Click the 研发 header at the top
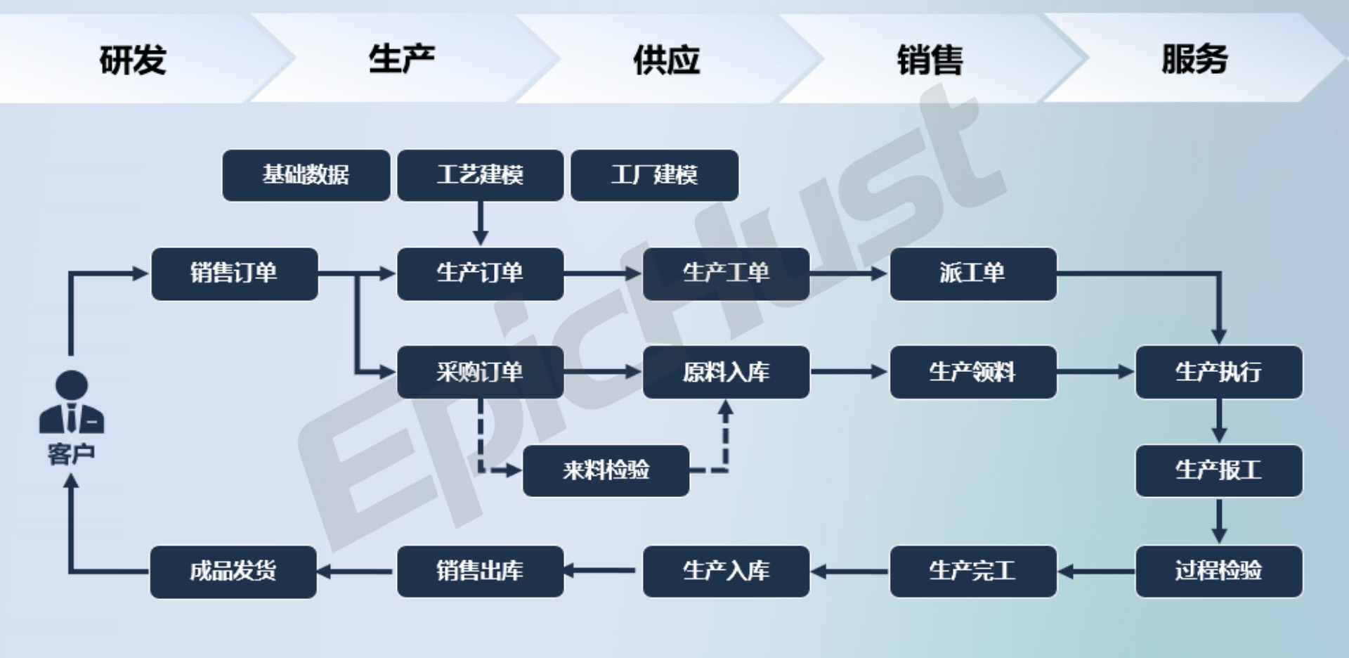[x=133, y=59]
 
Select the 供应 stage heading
[x=666, y=59]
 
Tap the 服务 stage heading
[x=1194, y=59]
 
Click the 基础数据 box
[x=306, y=175]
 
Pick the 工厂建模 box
[x=654, y=175]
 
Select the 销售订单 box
[x=235, y=273]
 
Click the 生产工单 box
[x=726, y=273]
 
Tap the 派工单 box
[x=972, y=273]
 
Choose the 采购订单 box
[x=480, y=372]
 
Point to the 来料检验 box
[x=606, y=470]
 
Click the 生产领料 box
[x=972, y=372]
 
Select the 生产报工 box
[x=1218, y=470]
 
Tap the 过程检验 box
[x=1218, y=570]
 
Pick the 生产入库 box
[x=726, y=570]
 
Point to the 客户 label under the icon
[x=71, y=454]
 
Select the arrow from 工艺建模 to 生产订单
[x=481, y=224]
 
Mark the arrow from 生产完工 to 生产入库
[x=849, y=571]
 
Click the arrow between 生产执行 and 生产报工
[x=1219, y=421]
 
